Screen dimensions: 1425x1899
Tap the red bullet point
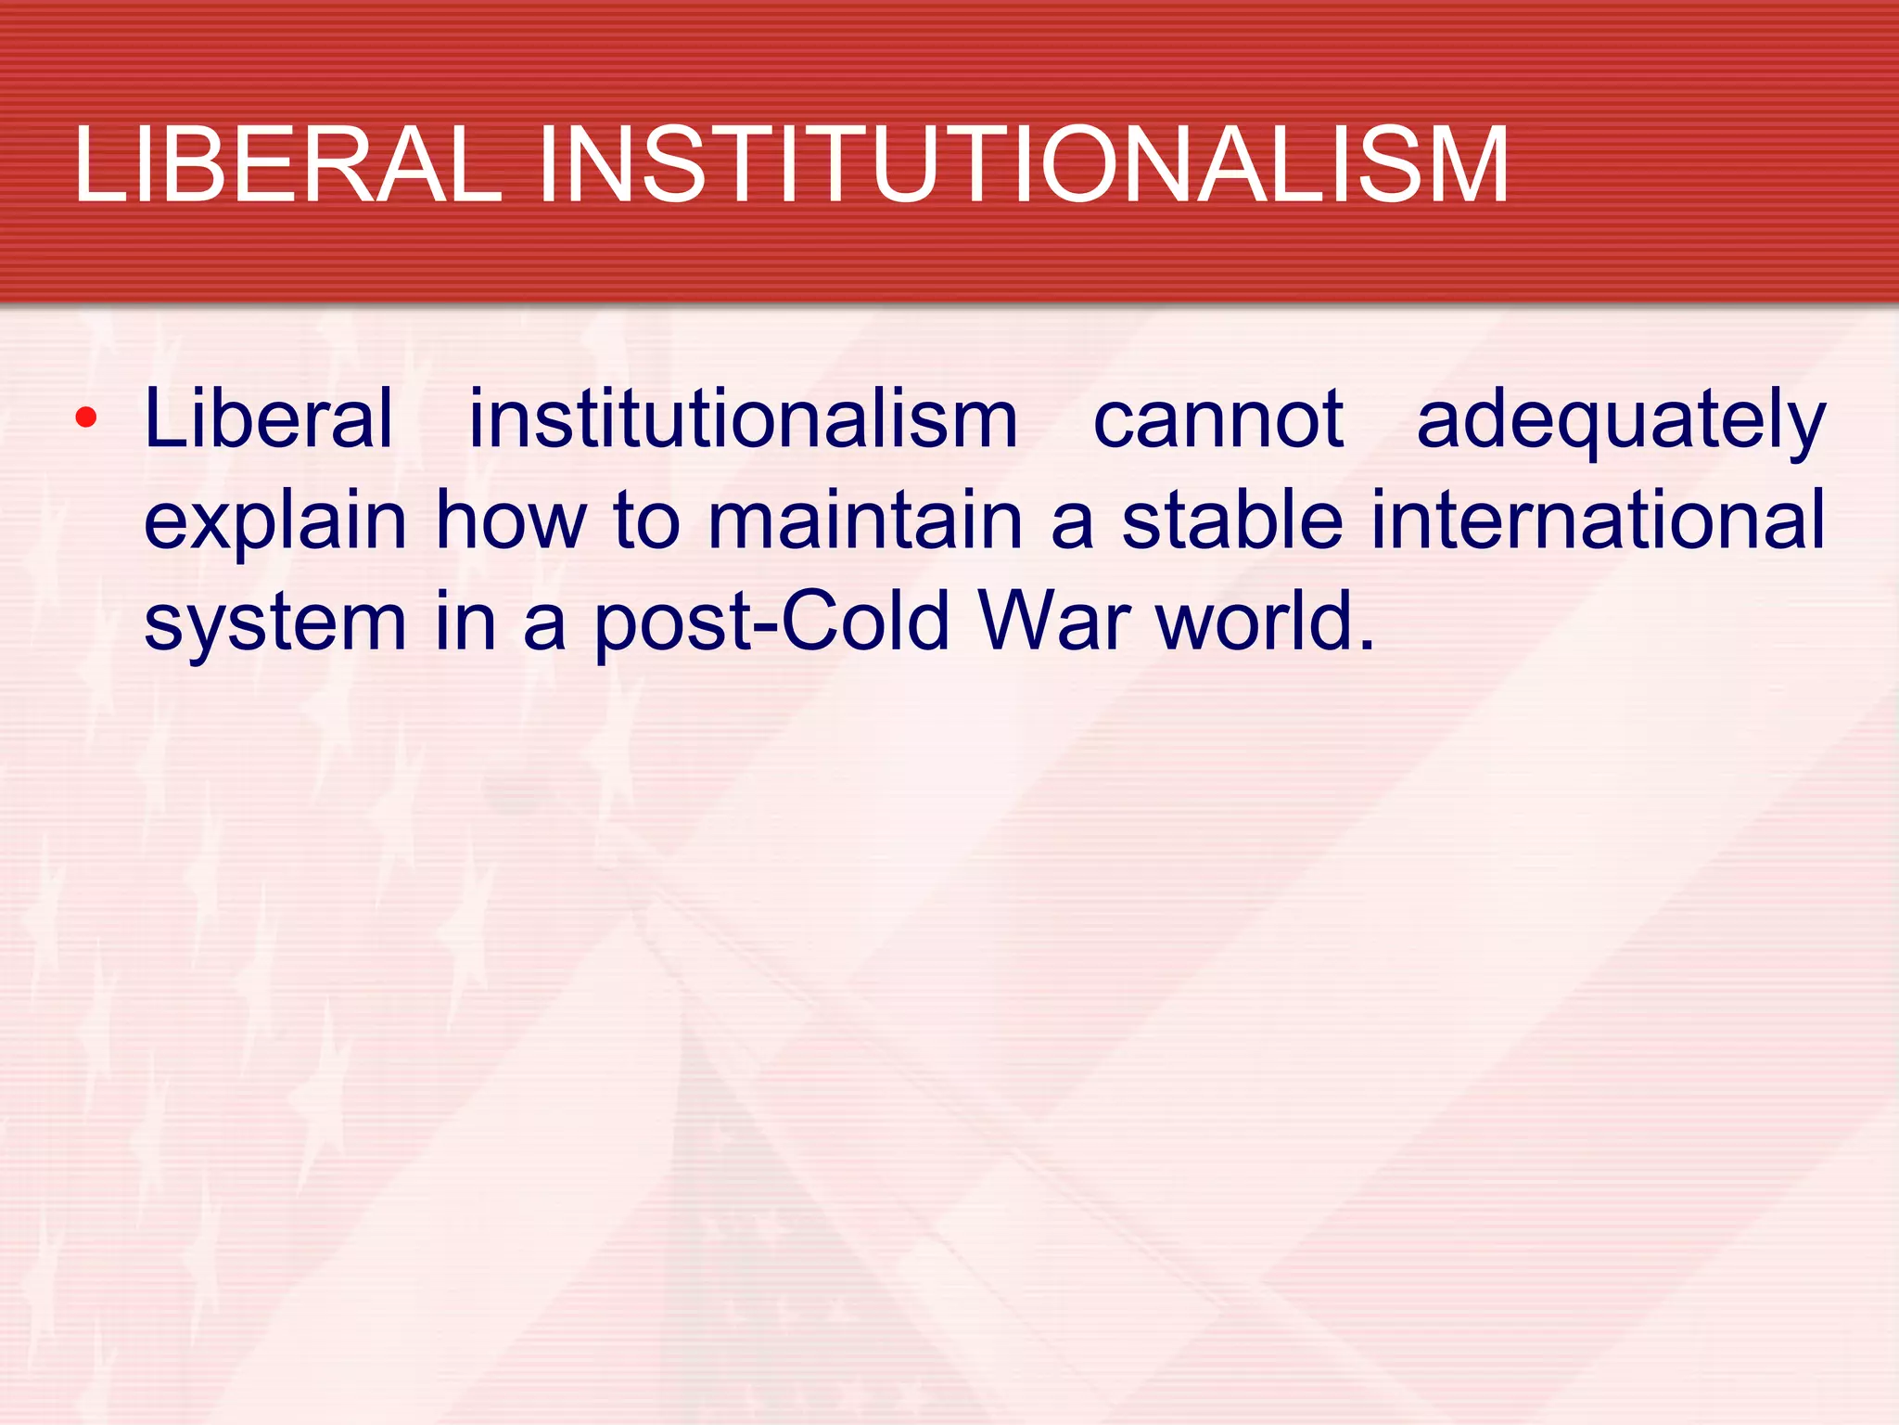[86, 418]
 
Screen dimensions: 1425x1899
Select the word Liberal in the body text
[270, 419]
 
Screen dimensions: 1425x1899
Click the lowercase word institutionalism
[743, 419]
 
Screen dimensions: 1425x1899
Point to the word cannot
[1218, 419]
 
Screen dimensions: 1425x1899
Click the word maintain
[865, 520]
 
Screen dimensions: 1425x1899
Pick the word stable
[1232, 520]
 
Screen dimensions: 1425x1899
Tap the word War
[1054, 622]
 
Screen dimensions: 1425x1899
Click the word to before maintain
[647, 520]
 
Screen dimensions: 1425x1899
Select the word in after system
[466, 622]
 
